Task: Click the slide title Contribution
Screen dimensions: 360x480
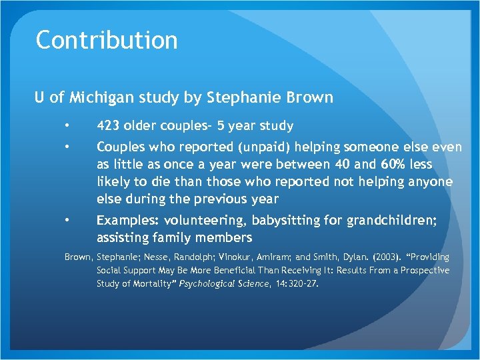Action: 107,40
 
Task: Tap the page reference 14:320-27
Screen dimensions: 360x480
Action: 296,283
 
